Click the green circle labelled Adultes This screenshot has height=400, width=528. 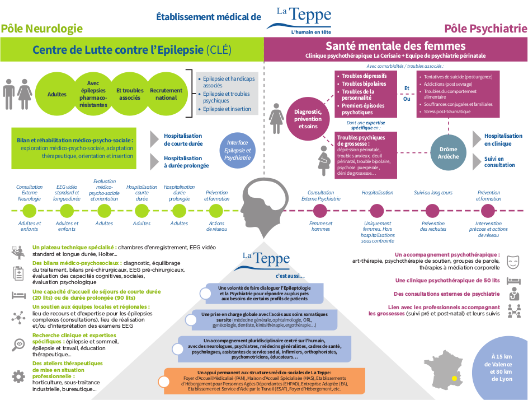(56, 94)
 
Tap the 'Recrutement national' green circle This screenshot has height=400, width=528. (166, 94)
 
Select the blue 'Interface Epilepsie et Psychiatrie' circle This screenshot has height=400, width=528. (237, 150)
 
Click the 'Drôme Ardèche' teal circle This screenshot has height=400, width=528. (448, 153)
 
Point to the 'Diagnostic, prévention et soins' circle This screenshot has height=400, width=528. (308, 119)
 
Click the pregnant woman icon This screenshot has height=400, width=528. (324, 161)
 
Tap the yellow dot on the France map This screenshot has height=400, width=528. (454, 378)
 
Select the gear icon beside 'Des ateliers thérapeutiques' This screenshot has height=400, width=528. (18, 376)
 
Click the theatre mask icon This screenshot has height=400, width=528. (513, 262)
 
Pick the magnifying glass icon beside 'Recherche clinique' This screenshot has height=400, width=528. (18, 345)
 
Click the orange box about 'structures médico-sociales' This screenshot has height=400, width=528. (265, 381)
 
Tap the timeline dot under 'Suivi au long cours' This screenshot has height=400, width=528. (432, 211)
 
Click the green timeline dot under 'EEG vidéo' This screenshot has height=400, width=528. (67, 211)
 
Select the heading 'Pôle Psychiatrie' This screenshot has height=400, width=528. (485, 29)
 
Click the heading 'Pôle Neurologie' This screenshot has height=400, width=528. (42, 29)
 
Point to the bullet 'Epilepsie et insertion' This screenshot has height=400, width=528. (227, 109)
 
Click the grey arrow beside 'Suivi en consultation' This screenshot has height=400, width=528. (477, 161)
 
